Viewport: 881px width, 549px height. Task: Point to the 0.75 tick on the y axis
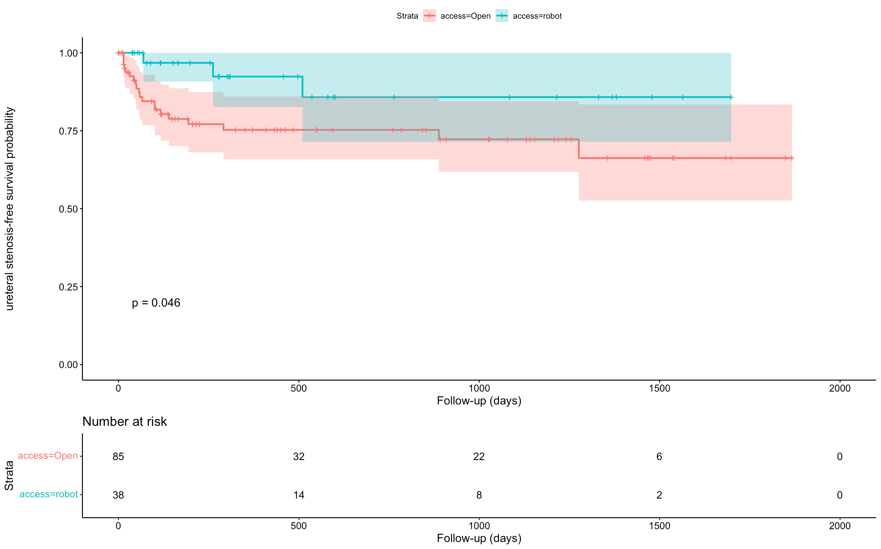(68, 131)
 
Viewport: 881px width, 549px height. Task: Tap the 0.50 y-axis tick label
(68, 209)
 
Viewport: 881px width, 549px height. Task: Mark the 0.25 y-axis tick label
(68, 287)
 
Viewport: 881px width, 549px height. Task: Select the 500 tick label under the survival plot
(299, 388)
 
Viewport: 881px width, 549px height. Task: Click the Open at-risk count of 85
(118, 456)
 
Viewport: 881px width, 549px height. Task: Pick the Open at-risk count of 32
(299, 456)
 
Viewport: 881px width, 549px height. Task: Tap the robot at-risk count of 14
(299, 495)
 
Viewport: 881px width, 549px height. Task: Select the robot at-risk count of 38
(118, 495)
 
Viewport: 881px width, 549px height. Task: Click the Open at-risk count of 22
(479, 456)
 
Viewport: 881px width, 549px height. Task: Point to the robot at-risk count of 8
(479, 495)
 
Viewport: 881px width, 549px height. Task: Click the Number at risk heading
(125, 422)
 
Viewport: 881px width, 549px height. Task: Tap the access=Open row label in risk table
(48, 456)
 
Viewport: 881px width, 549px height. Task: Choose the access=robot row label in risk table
(49, 494)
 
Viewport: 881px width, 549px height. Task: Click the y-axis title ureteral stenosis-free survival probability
(9, 209)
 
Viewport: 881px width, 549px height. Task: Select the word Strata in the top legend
(407, 16)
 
